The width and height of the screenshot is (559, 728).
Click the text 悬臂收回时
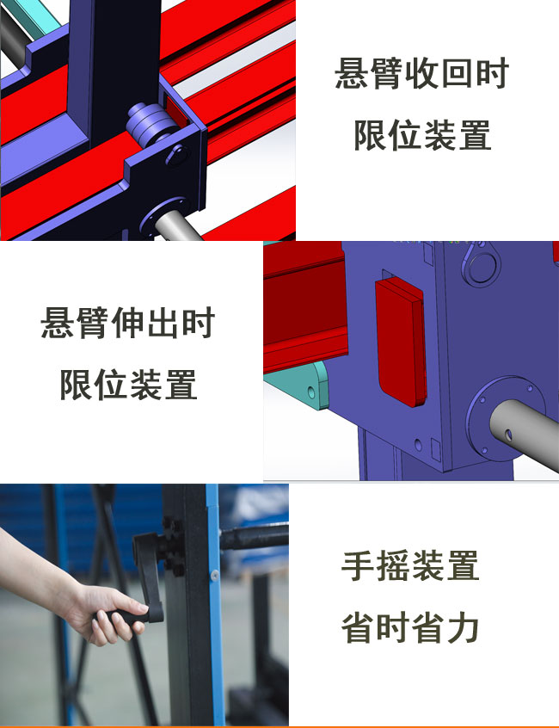click(421, 73)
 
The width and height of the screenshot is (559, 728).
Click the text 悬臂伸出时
click(127, 323)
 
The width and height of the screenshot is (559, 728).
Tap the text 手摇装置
click(410, 565)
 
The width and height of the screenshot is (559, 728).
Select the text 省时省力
click(410, 627)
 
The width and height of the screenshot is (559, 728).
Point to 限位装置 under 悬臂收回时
click(422, 135)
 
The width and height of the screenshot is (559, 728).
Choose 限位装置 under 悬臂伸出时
click(128, 385)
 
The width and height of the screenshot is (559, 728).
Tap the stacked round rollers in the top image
click(149, 123)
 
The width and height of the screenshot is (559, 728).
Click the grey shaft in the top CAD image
click(177, 226)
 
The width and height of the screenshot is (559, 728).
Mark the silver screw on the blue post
click(215, 575)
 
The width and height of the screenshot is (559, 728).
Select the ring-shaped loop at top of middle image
click(481, 265)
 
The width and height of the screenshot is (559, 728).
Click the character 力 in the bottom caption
click(463, 627)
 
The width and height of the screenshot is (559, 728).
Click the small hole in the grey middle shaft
click(508, 435)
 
